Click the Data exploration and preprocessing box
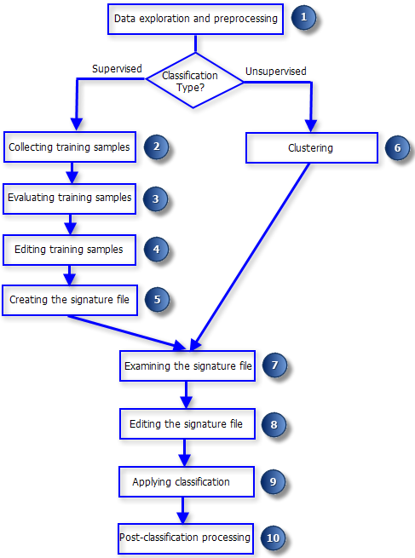click(196, 19)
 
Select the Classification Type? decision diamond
click(194, 82)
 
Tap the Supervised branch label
click(116, 68)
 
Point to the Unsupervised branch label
click(275, 71)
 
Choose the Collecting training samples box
click(69, 147)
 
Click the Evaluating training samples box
click(69, 198)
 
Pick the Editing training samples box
click(69, 250)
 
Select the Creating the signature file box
click(69, 300)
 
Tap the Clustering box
click(311, 147)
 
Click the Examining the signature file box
click(187, 366)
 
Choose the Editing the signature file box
click(187, 423)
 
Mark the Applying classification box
click(187, 481)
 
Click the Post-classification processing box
click(187, 538)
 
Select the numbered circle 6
click(396, 147)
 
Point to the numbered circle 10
click(273, 538)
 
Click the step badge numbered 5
click(157, 300)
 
